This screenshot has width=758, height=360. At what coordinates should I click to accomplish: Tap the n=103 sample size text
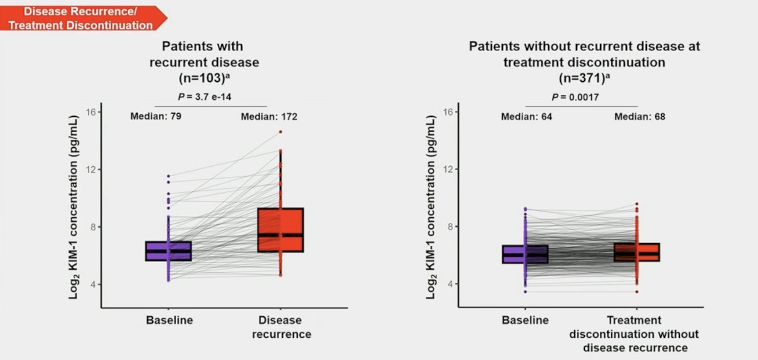click(x=205, y=78)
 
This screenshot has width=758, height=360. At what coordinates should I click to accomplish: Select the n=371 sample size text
click(x=584, y=78)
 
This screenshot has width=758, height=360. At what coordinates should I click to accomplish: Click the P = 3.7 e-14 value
click(x=205, y=97)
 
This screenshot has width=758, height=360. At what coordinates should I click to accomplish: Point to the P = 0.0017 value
click(x=575, y=97)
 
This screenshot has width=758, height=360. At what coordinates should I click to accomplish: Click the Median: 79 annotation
click(x=155, y=116)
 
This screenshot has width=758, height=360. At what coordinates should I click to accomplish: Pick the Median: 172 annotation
click(x=269, y=117)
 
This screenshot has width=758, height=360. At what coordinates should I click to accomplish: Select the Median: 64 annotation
click(x=527, y=117)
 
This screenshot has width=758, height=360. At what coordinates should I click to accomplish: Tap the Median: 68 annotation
click(x=640, y=117)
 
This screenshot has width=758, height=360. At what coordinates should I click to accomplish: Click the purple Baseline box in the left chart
click(x=169, y=251)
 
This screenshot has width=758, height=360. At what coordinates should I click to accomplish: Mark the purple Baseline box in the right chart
click(x=525, y=254)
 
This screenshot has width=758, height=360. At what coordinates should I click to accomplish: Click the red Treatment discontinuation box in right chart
click(x=637, y=252)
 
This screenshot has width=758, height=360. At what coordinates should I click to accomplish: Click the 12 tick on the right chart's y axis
click(x=448, y=169)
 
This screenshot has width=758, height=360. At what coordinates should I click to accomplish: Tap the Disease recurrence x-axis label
click(x=281, y=327)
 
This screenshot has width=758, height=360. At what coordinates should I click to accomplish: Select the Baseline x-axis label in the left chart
click(x=169, y=320)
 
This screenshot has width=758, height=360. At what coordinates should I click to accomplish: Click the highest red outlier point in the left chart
click(x=280, y=132)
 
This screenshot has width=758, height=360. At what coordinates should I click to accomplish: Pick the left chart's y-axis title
click(x=74, y=207)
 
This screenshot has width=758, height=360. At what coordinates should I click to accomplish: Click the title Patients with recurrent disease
click(x=204, y=54)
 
